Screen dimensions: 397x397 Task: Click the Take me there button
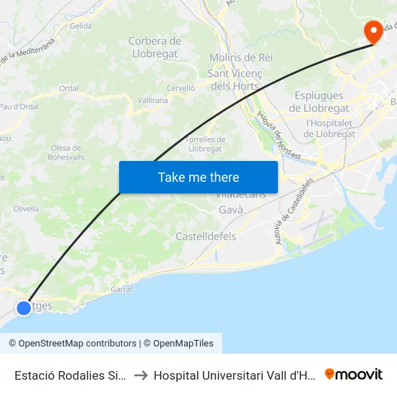point(198,177)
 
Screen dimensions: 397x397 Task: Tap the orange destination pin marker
point(373,32)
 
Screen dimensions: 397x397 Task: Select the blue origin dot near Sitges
point(24,307)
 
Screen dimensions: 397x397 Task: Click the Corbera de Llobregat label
point(154,47)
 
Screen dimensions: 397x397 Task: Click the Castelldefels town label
point(206,236)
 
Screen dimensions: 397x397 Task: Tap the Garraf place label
point(122,289)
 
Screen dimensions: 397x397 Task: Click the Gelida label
point(81,25)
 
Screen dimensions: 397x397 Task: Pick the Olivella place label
point(26,209)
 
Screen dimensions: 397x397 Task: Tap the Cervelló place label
point(181,87)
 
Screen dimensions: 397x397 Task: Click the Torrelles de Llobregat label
point(205,144)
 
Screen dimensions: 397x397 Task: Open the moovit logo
point(354,375)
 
